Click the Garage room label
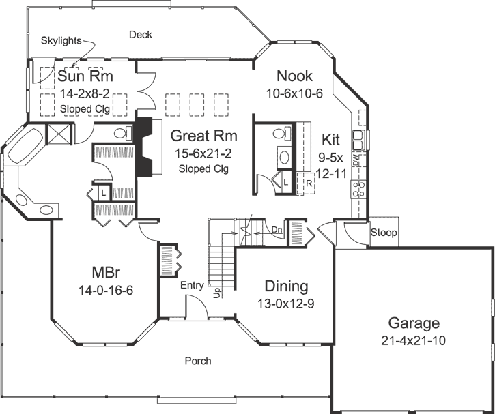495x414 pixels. (x=414, y=323)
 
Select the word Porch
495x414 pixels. (x=198, y=361)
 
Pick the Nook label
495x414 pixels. (x=295, y=76)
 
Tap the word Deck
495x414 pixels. (x=140, y=35)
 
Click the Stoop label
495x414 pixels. (x=384, y=233)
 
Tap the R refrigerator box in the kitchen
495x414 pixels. (x=309, y=183)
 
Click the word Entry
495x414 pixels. (x=192, y=285)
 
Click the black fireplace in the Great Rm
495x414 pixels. (x=144, y=146)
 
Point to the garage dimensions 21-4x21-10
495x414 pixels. (x=414, y=341)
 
